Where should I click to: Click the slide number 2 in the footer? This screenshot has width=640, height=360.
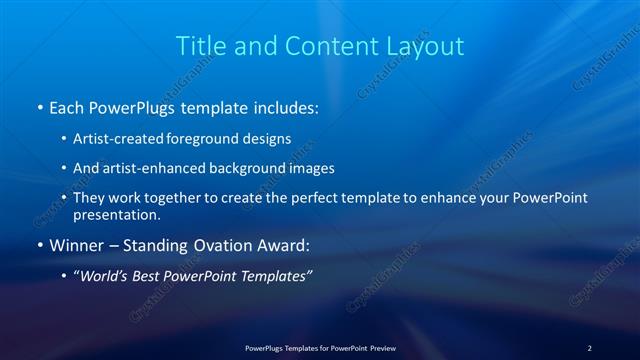pyautogui.click(x=589, y=348)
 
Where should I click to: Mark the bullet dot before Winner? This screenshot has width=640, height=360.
pyautogui.click(x=39, y=245)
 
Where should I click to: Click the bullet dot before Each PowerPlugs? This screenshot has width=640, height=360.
pyautogui.click(x=39, y=105)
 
